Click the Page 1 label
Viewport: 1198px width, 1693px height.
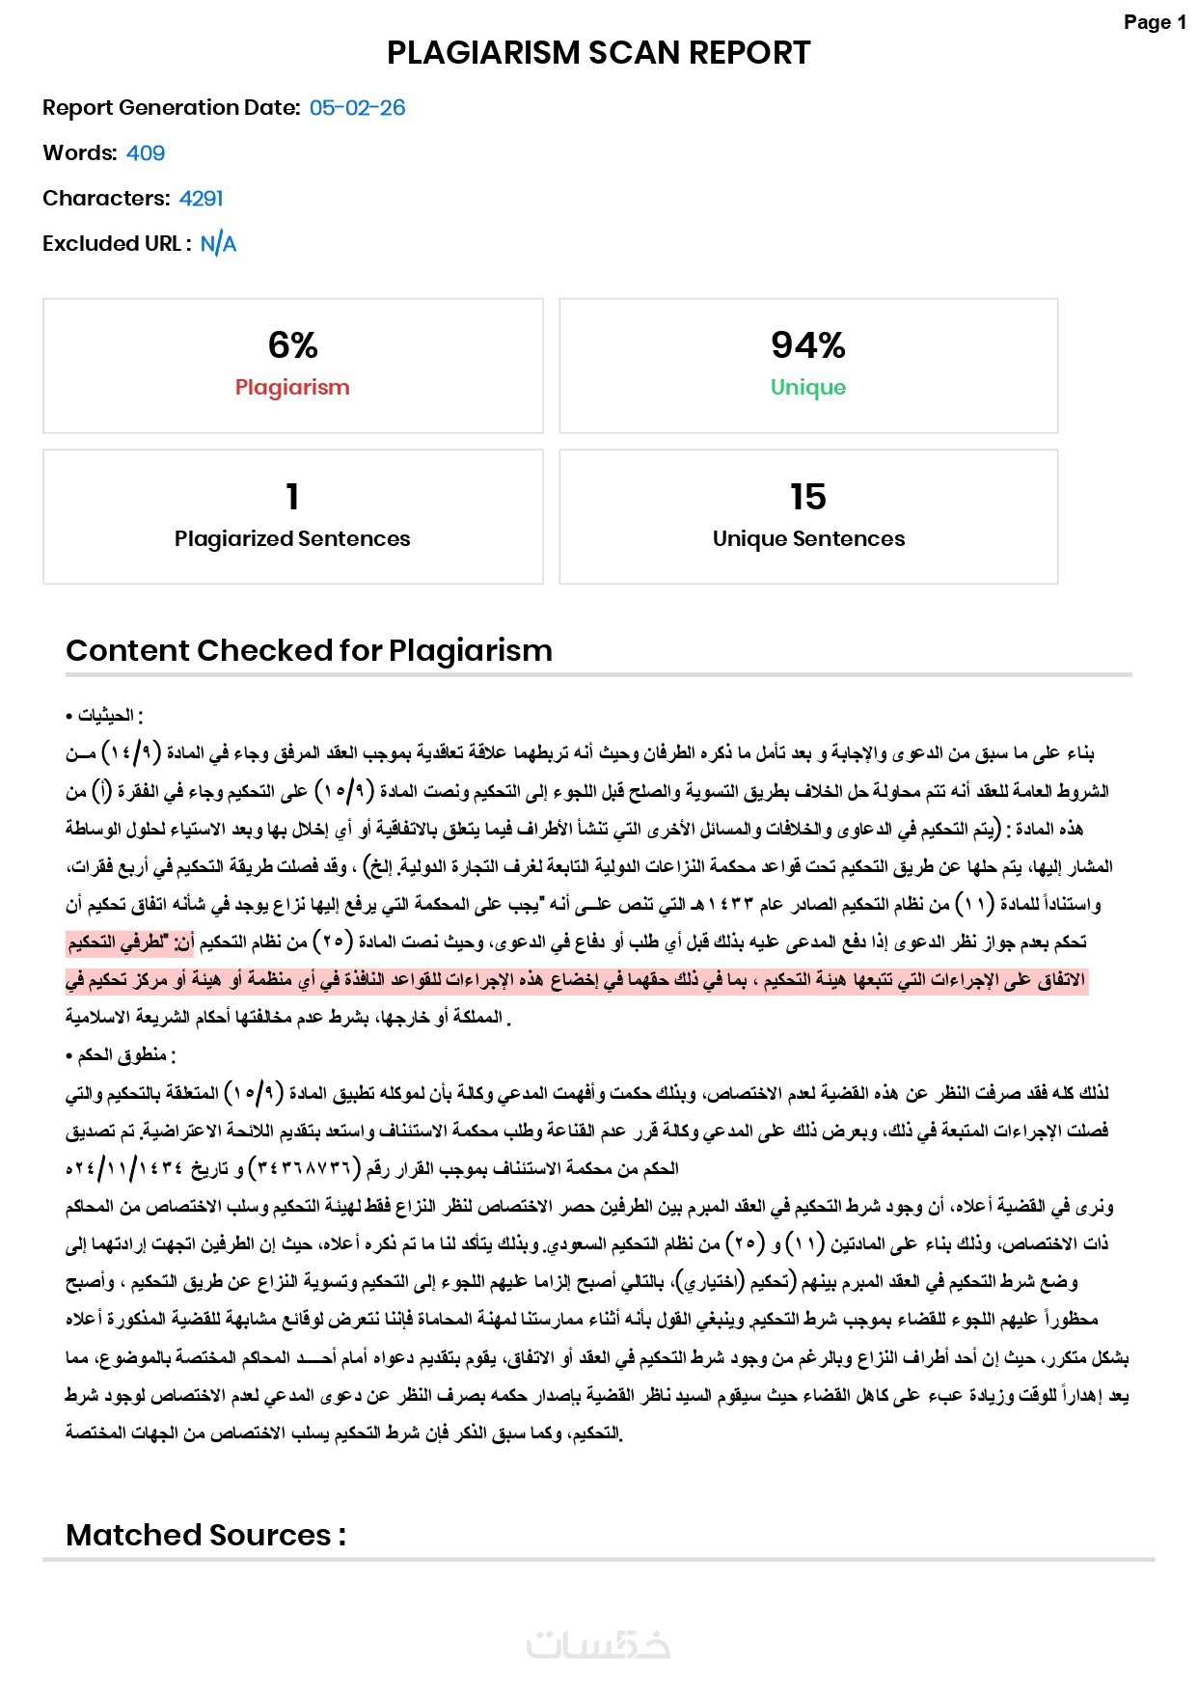(x=1155, y=22)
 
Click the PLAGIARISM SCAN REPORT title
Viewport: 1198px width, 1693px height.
(x=598, y=52)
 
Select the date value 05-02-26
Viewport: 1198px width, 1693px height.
(x=357, y=108)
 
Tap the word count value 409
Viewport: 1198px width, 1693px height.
(x=146, y=153)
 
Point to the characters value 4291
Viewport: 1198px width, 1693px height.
(x=201, y=199)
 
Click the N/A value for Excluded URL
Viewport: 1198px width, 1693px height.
(x=218, y=244)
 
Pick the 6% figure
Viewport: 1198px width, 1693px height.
(x=292, y=344)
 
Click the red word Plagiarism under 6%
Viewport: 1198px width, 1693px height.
(x=292, y=388)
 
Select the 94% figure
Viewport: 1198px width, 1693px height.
(x=807, y=344)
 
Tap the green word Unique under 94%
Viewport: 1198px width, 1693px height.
(x=807, y=388)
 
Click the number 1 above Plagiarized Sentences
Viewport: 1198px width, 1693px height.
(x=292, y=497)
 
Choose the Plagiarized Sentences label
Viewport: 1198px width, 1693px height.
(x=292, y=539)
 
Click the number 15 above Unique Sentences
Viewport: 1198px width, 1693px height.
(x=807, y=497)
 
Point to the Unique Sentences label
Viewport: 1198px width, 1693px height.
(x=808, y=539)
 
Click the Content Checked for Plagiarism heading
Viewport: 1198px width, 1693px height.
(x=309, y=651)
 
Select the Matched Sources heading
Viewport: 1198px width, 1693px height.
(x=205, y=1535)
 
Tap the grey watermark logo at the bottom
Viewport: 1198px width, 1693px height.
(x=598, y=1644)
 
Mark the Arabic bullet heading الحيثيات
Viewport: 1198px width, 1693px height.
(x=106, y=716)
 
